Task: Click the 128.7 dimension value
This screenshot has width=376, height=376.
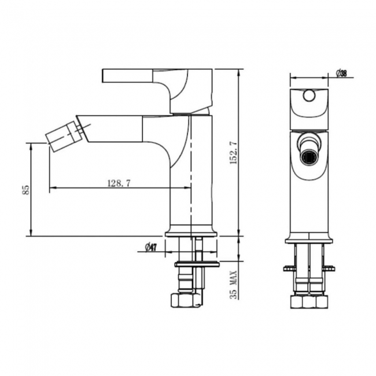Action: click(x=119, y=183)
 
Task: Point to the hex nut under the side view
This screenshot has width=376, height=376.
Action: click(x=186, y=301)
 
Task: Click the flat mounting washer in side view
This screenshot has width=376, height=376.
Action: click(x=197, y=264)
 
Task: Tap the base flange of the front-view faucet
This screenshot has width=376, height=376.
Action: click(x=309, y=238)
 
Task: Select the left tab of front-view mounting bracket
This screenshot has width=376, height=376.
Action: click(x=288, y=268)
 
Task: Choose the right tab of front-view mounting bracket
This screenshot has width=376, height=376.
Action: click(x=331, y=268)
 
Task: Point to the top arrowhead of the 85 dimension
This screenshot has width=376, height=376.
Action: click(x=31, y=146)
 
